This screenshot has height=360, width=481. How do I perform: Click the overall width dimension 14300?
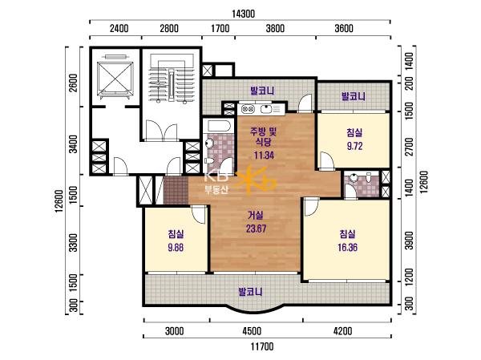click(243, 14)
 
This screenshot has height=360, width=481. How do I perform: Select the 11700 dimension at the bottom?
click(262, 347)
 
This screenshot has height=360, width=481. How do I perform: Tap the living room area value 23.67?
click(256, 229)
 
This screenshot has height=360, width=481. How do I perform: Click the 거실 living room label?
click(256, 216)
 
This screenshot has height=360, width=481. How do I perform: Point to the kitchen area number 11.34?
click(264, 156)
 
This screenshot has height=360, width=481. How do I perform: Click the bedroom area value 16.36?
click(348, 248)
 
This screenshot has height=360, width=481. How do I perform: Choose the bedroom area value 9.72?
click(354, 146)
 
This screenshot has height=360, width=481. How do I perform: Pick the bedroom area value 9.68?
click(176, 248)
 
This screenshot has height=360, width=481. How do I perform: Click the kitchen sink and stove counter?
click(261, 109)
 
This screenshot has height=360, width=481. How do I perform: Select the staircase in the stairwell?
click(172, 80)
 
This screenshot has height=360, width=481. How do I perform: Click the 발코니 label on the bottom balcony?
click(250, 292)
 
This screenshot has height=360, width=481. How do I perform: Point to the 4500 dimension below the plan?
click(252, 331)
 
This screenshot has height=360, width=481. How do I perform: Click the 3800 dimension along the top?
click(275, 29)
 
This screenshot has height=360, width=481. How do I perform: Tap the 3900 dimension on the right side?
click(409, 241)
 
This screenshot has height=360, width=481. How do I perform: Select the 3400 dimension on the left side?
click(73, 144)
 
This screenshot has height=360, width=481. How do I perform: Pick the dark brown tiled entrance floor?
click(176, 190)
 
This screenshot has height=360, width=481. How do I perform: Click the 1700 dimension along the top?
click(220, 29)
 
